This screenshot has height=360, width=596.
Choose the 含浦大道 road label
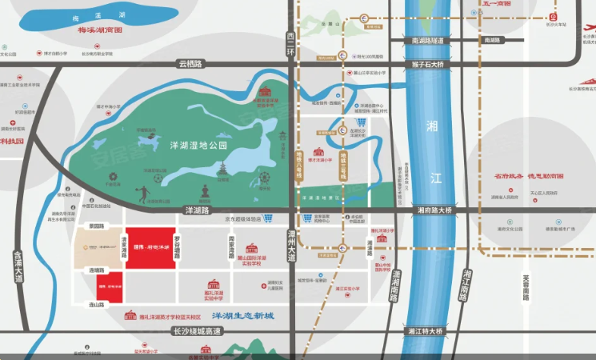click(x=18, y=267)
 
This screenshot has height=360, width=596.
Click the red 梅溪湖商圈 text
click(x=99, y=30)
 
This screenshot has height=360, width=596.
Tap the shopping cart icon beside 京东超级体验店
click(x=269, y=218)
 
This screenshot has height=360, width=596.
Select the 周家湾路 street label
click(x=230, y=245)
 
